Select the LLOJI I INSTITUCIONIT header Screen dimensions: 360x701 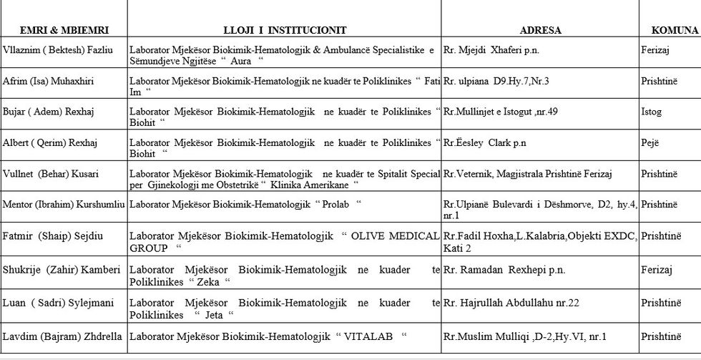click(285, 30)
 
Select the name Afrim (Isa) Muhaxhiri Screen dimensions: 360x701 click(53, 81)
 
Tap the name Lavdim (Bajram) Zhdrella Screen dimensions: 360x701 click(62, 336)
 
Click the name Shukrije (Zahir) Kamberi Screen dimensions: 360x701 click(62, 270)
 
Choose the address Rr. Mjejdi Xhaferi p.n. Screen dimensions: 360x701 click(491, 50)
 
